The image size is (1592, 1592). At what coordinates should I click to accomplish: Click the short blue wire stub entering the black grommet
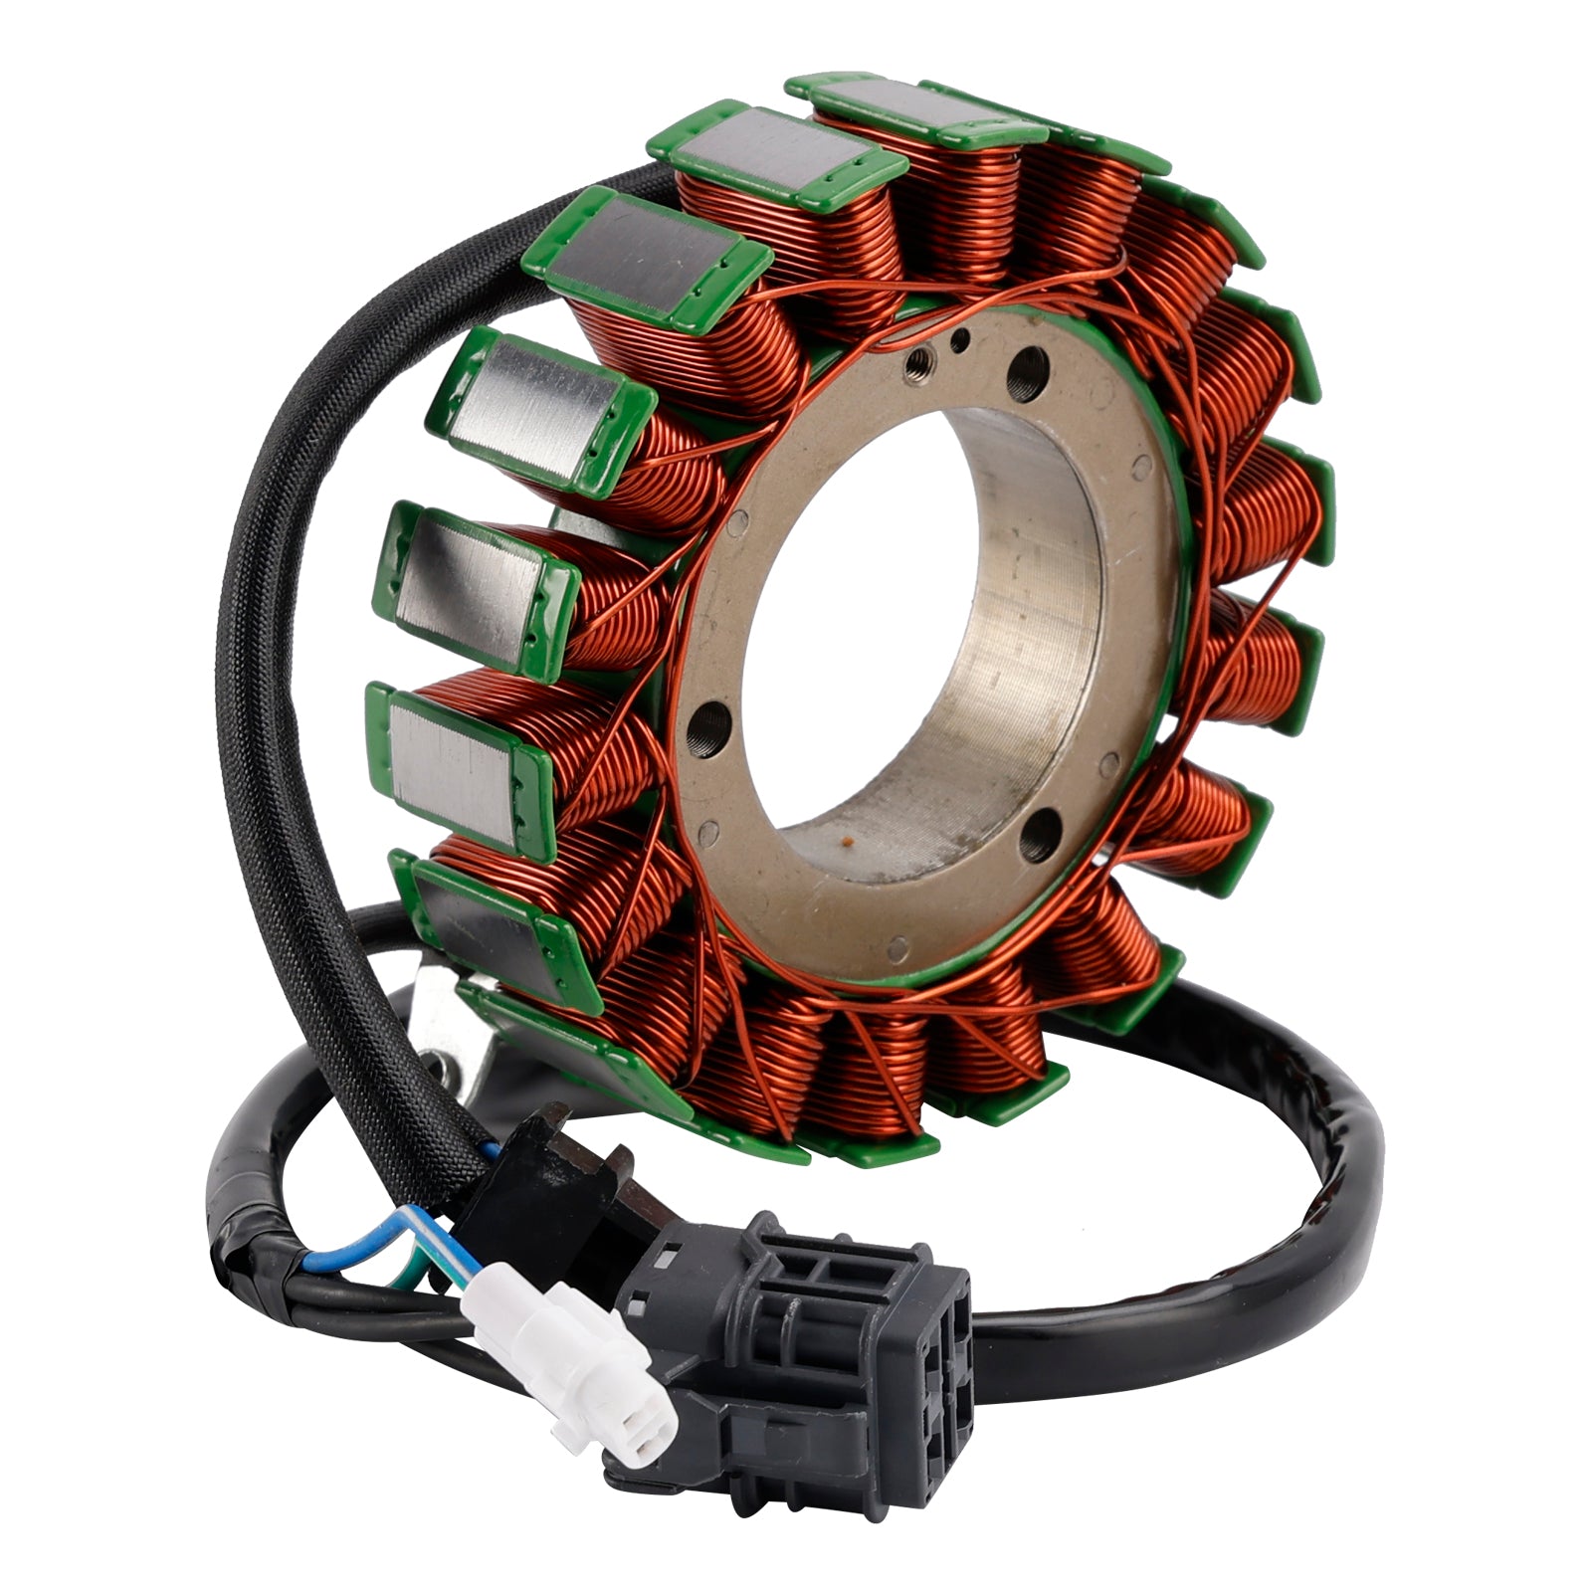click(x=490, y=1150)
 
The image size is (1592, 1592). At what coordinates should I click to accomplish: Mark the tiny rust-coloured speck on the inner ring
click(x=848, y=842)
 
